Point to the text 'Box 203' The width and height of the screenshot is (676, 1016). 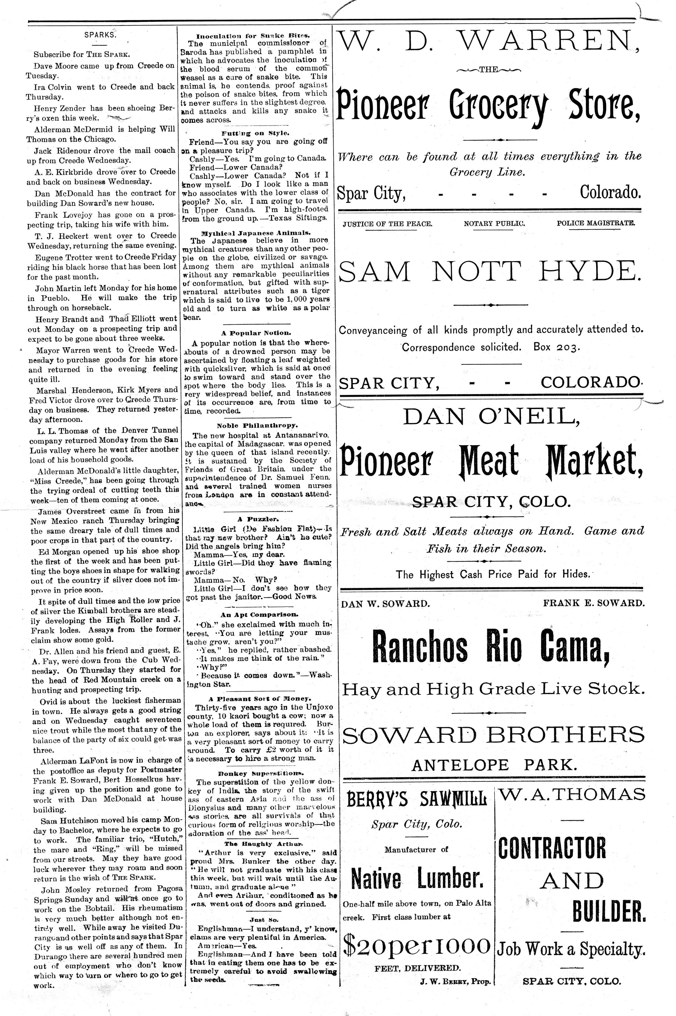pos(556,347)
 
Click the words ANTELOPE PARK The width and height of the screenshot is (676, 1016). pos(494,765)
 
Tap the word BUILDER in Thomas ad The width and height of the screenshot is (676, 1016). pos(609,909)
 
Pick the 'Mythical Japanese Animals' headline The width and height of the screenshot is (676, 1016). pos(256,233)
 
